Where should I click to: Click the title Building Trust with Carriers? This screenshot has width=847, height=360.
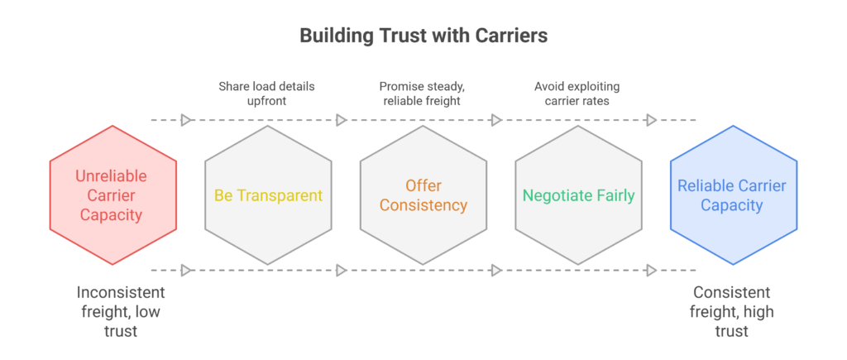[423, 36]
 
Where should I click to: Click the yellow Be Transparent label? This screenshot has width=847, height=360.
[268, 196]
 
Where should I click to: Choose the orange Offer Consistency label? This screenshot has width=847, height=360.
[423, 195]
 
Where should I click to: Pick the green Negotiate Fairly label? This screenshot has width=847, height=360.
[578, 196]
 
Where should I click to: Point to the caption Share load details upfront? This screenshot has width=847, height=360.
[267, 94]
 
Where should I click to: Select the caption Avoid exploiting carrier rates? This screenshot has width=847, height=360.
[578, 94]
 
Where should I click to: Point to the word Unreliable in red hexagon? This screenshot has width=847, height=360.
[113, 176]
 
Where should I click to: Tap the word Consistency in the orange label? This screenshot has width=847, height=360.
[423, 205]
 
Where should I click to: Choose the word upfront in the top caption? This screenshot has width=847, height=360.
[267, 102]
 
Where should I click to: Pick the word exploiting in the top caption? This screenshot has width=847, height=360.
[592, 86]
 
